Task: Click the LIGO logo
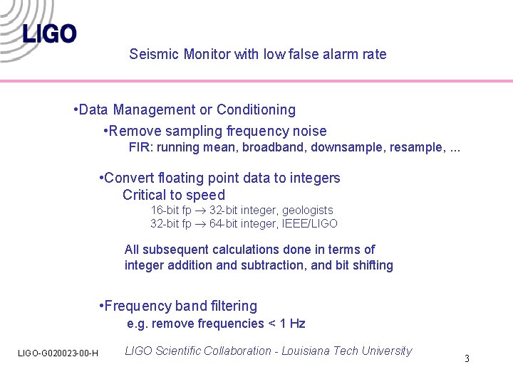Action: pyautogui.click(x=48, y=33)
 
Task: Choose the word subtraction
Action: pyautogui.click(x=270, y=265)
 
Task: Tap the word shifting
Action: pyautogui.click(x=372, y=265)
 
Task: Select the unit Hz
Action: pyautogui.click(x=297, y=324)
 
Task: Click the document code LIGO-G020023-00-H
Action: pyautogui.click(x=58, y=353)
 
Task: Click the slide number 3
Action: pyautogui.click(x=467, y=358)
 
